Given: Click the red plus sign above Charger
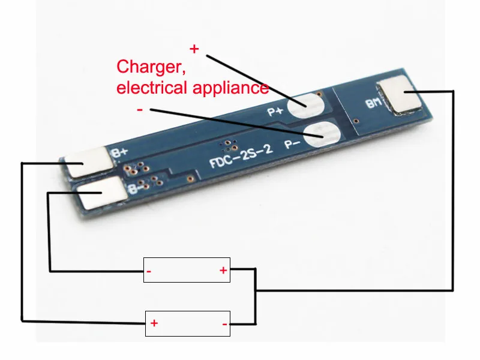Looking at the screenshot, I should coord(194,49).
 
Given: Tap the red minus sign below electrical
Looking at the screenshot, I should coord(140,110).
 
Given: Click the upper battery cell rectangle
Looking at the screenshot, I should coord(187,270).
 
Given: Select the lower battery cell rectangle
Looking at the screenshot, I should coord(188,323).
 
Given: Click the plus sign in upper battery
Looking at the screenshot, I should coord(223,271).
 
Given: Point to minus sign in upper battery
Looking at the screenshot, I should coord(149,272).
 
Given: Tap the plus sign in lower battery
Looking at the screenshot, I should coord(154,323).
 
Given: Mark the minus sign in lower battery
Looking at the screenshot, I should coord(224,325).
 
